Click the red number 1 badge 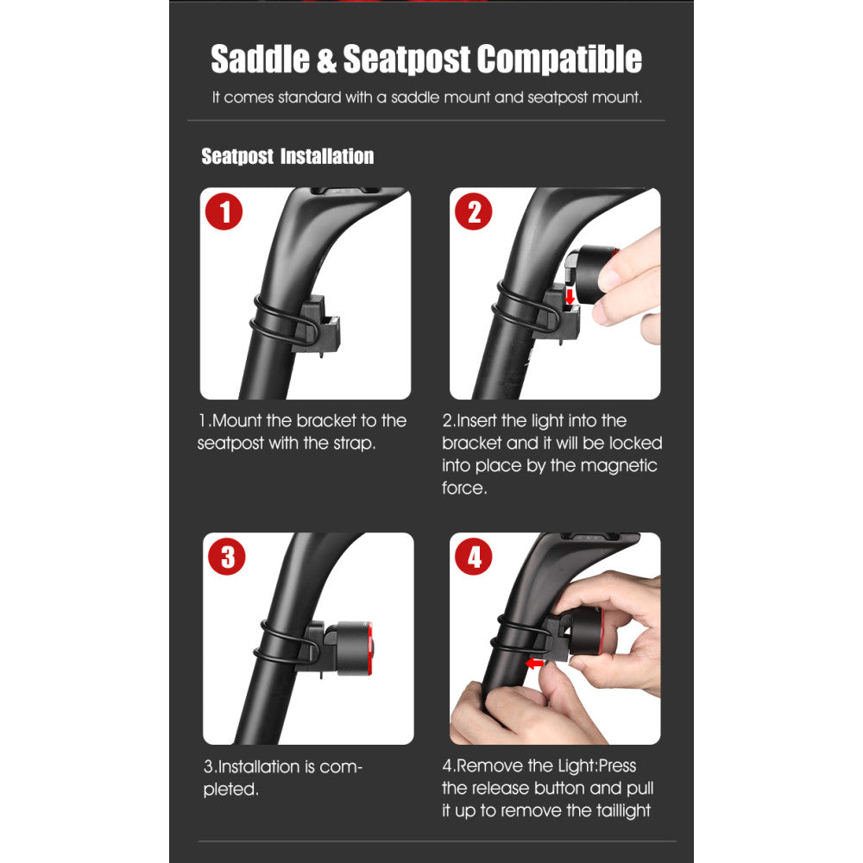224,211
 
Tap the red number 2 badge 473,211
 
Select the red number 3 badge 227,557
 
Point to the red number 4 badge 473,557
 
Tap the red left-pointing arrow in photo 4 534,663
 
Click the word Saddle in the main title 261,59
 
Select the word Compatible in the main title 559,59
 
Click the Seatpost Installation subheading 287,156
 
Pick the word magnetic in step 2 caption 619,466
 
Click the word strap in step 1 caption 355,444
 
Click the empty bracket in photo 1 318,324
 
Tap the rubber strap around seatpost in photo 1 282,319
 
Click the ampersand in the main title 326,60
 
